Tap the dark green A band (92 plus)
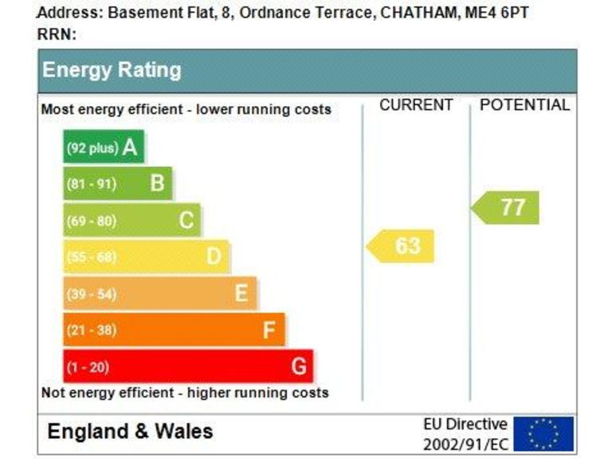pyautogui.click(x=104, y=147)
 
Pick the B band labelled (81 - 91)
pyautogui.click(x=117, y=184)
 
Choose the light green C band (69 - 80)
pyautogui.click(x=131, y=221)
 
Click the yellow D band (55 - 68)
pyautogui.click(x=146, y=257)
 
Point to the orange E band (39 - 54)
pyautogui.click(x=159, y=293)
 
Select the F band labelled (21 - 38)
pyautogui.click(x=174, y=330)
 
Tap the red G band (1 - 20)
pyautogui.click(x=188, y=367)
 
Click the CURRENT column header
pyautogui.click(x=416, y=105)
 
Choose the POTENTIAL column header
pyautogui.click(x=525, y=105)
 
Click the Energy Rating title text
pyautogui.click(x=112, y=70)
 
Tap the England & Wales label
pyautogui.click(x=130, y=432)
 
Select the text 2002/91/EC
pyautogui.click(x=465, y=444)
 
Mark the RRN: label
pyautogui.click(x=57, y=34)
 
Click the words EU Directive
pyautogui.click(x=465, y=424)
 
